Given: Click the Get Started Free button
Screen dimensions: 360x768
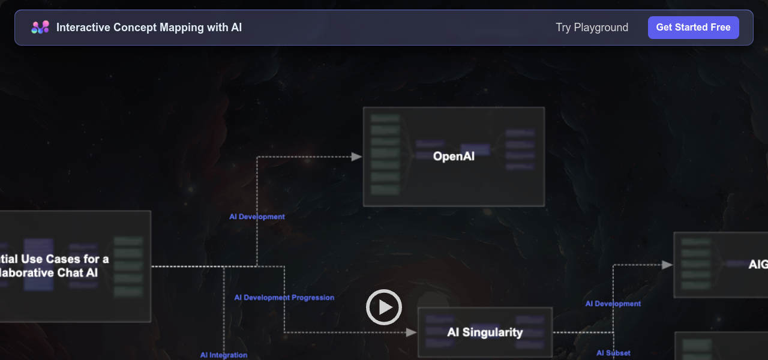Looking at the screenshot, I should pos(693,28).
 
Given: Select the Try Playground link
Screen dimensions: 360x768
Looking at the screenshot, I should pos(592,28).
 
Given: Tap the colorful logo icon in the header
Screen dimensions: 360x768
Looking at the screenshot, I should pos(40,27).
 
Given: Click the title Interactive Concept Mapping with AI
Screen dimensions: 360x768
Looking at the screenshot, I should pos(149,28).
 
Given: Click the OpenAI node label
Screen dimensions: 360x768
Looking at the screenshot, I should pos(454,157).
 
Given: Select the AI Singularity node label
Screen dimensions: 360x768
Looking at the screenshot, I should pos(485,332).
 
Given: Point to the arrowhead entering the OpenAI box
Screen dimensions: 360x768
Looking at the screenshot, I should pos(357,157).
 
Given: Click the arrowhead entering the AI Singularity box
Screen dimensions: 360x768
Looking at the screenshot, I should pos(412,332).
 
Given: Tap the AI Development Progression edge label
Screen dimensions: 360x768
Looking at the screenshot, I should pos(284,298).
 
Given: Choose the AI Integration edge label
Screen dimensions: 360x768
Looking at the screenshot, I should pos(223,355).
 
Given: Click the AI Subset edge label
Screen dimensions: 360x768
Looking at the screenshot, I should pos(613,353).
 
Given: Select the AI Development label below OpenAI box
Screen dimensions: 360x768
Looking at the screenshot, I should pos(257,217).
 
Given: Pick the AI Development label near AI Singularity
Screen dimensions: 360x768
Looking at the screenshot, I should pos(613,304).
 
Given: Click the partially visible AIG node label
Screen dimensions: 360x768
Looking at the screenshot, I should pos(758,265).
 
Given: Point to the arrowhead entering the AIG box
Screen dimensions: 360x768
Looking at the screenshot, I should pos(667,265).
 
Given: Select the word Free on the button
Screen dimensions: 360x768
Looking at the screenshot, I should pos(720,28).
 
